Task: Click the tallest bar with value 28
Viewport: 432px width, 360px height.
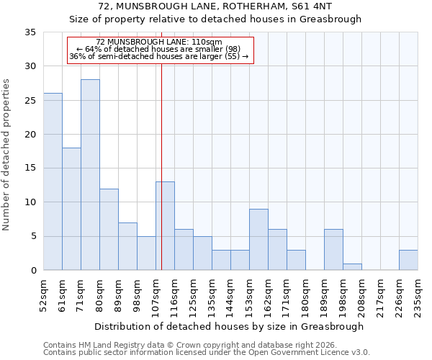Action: (90, 175)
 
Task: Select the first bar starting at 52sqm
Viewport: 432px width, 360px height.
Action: (53, 181)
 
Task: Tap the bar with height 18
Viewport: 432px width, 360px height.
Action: (71, 209)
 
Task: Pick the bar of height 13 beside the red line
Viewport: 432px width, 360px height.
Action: (165, 226)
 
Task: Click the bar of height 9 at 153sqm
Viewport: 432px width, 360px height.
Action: (258, 240)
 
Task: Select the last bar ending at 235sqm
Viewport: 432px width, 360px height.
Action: (408, 260)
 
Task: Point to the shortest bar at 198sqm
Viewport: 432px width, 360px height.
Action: (352, 267)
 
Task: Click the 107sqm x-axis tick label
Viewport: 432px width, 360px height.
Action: (156, 294)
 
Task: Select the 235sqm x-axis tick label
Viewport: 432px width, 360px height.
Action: (418, 294)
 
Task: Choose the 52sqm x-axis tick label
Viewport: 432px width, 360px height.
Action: (43, 294)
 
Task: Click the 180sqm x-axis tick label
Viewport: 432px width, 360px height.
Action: (305, 294)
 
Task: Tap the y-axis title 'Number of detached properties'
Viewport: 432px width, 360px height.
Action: (7, 155)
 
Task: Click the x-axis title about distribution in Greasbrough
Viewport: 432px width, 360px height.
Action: (230, 326)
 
